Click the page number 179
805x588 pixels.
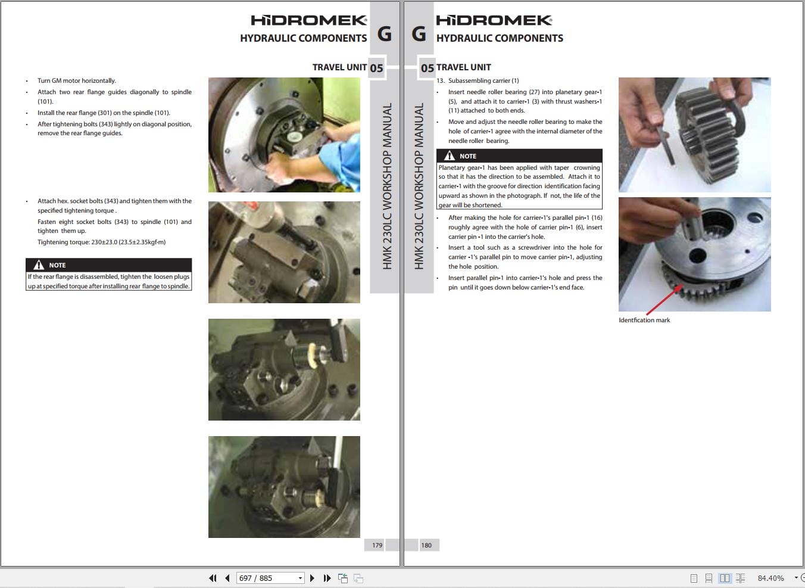click(x=377, y=545)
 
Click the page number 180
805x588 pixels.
click(x=426, y=545)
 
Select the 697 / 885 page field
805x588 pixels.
click(x=270, y=578)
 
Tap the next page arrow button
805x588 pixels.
click(x=312, y=578)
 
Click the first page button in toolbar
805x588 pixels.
click(x=213, y=578)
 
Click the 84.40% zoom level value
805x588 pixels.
click(x=770, y=578)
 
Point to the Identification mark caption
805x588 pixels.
click(x=644, y=320)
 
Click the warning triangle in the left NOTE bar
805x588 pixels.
click(x=39, y=265)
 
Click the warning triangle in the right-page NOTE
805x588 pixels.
click(x=449, y=155)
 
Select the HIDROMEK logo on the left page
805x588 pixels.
click(x=308, y=20)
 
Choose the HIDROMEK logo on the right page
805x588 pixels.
click(x=494, y=20)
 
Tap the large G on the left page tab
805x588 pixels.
click(x=384, y=34)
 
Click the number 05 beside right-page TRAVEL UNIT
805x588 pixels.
click(x=428, y=68)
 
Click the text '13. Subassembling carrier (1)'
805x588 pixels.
click(x=478, y=80)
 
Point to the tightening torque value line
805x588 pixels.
click(x=102, y=242)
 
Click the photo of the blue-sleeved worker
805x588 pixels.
click(x=284, y=135)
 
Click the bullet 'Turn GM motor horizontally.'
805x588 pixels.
click(x=77, y=80)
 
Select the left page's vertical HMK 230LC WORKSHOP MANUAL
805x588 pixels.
click(x=386, y=186)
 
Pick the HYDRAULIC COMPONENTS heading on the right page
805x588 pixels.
click(x=500, y=38)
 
